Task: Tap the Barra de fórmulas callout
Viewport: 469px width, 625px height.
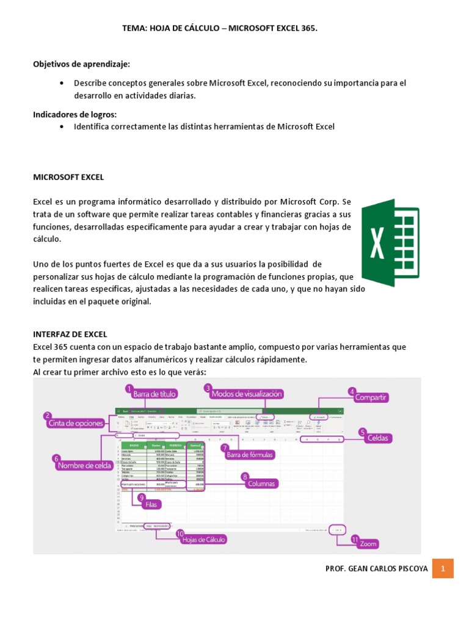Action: pyautogui.click(x=250, y=454)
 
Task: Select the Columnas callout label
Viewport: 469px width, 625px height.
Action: pyautogui.click(x=262, y=483)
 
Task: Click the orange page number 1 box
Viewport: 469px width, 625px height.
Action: pyautogui.click(x=444, y=569)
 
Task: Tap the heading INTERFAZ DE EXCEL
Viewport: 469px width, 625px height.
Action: pyautogui.click(x=70, y=334)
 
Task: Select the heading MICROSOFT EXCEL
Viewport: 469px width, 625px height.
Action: pyautogui.click(x=68, y=177)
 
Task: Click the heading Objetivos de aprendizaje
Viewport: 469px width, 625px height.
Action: pyautogui.click(x=81, y=64)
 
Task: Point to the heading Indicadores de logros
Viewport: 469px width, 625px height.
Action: pyautogui.click(x=75, y=114)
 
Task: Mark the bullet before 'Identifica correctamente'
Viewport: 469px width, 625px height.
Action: pyautogui.click(x=63, y=127)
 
